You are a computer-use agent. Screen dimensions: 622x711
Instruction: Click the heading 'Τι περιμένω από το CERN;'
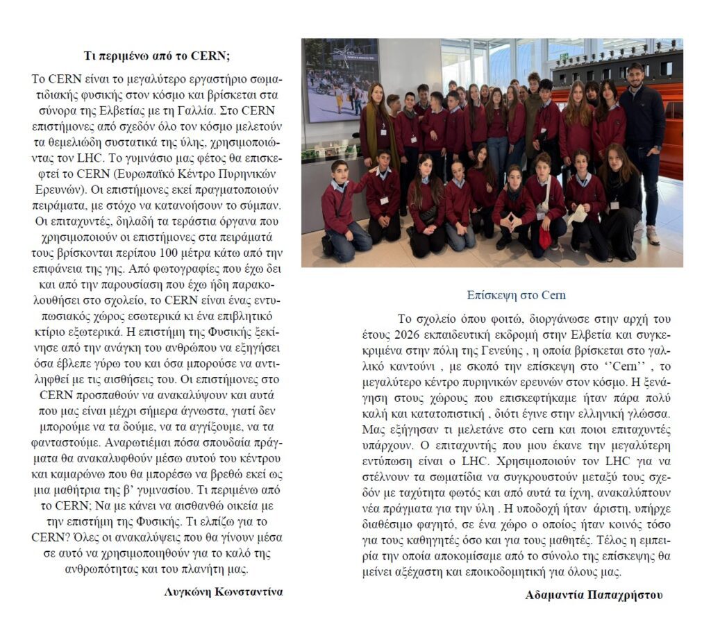click(x=156, y=56)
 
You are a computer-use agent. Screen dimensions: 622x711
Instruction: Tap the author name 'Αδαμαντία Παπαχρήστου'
click(x=594, y=595)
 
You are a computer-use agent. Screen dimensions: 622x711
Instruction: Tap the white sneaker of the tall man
click(x=653, y=234)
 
